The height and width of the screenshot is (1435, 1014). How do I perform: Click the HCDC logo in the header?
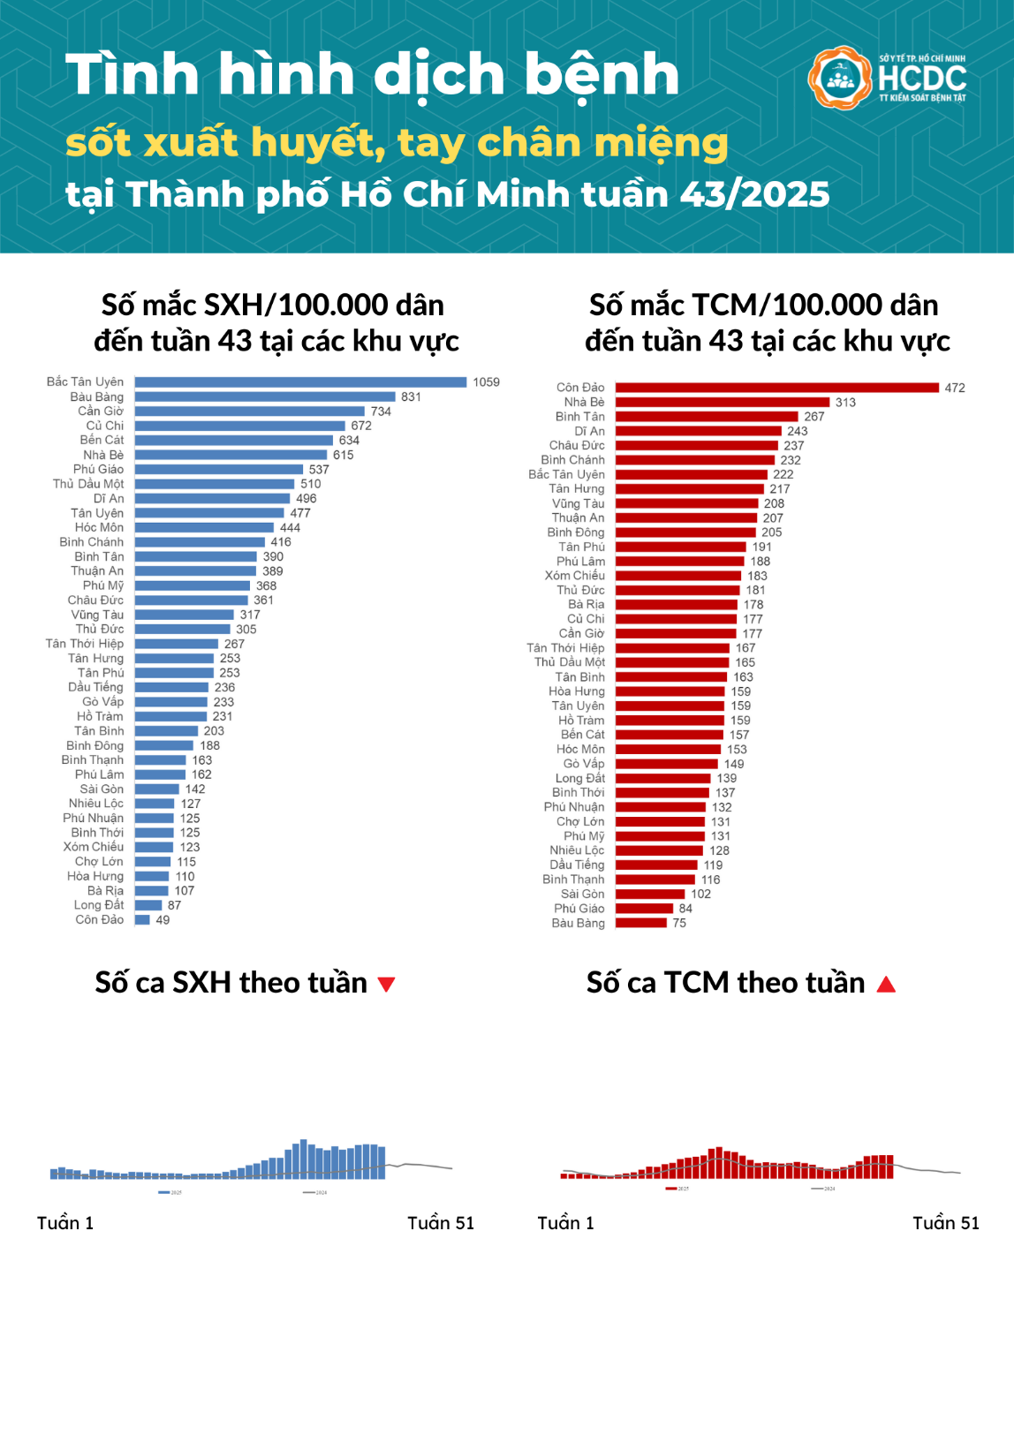click(x=887, y=78)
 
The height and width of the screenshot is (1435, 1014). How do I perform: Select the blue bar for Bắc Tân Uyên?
click(x=300, y=382)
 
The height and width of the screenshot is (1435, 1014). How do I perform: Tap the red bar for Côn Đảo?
click(x=776, y=388)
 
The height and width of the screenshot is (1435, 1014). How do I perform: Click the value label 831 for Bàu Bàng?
click(x=411, y=397)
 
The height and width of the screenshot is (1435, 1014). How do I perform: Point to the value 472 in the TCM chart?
click(x=954, y=388)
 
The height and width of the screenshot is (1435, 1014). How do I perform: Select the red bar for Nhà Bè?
click(x=723, y=402)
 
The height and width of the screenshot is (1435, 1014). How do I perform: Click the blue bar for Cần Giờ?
click(x=249, y=412)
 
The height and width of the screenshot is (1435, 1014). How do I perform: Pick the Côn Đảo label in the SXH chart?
click(x=99, y=920)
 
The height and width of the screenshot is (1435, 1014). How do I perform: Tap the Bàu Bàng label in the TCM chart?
click(x=579, y=924)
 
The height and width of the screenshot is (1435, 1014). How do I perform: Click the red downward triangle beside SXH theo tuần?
click(x=386, y=984)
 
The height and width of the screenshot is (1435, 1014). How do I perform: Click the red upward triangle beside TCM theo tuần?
click(x=886, y=984)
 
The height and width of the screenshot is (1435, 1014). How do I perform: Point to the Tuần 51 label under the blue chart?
click(x=440, y=1223)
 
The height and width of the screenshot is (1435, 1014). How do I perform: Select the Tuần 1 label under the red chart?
click(x=565, y=1223)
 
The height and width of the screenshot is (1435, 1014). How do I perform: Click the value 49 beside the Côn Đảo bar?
click(x=163, y=920)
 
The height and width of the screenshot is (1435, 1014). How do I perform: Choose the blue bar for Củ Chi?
click(x=239, y=426)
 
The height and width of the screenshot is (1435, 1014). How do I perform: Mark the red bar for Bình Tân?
click(x=707, y=417)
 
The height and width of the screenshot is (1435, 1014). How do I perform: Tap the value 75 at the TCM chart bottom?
click(x=679, y=924)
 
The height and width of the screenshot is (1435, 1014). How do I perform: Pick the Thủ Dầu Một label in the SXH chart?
click(x=88, y=484)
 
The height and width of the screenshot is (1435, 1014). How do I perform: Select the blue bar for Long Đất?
click(x=148, y=905)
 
